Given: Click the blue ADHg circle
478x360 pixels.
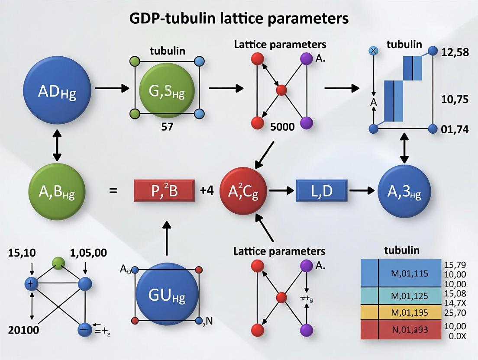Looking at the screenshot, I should (x=57, y=91).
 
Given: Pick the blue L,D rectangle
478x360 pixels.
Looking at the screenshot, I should (x=321, y=191).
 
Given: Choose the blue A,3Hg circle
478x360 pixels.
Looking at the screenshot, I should (x=405, y=191).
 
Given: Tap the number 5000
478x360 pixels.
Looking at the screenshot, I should (x=282, y=127).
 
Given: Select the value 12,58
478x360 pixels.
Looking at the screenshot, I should (x=455, y=52).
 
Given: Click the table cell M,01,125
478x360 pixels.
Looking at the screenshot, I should (x=409, y=296).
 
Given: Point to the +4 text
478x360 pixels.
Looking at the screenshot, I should (x=207, y=191).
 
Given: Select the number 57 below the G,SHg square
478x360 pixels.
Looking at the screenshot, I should (x=167, y=127).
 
